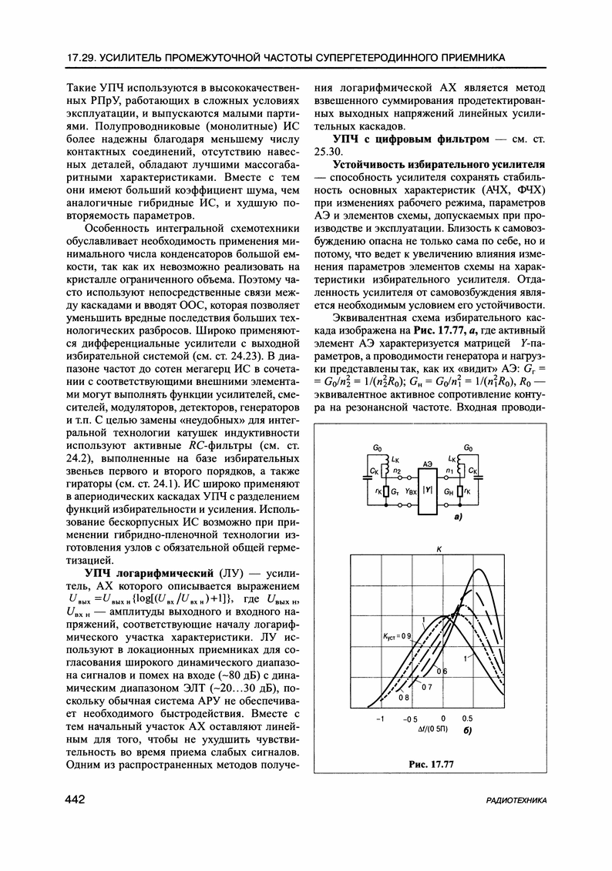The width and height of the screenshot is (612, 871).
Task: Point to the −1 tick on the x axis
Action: point(380,718)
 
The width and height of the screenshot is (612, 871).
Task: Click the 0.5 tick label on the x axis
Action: point(468,718)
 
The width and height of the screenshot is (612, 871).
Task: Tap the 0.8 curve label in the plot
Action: point(404,698)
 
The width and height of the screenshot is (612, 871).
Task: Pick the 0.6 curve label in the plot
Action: point(443,672)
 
